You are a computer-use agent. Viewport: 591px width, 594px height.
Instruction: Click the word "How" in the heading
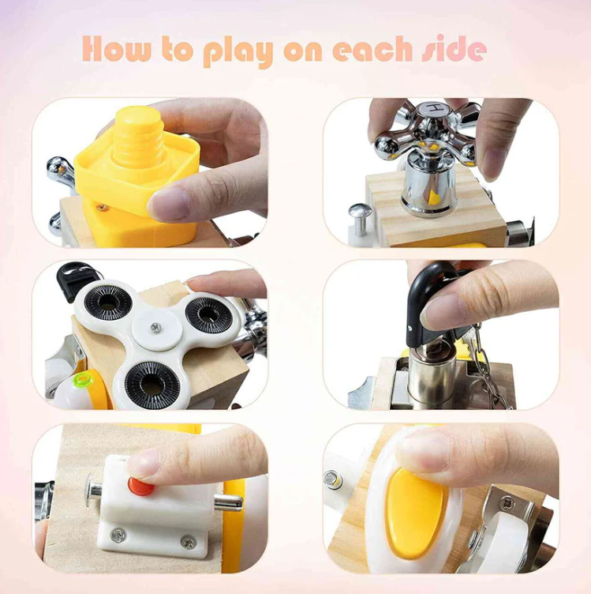coord(111,50)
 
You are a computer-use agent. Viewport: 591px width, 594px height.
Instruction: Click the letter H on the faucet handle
coord(432,108)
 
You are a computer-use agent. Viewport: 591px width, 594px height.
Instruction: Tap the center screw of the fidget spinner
coord(155,326)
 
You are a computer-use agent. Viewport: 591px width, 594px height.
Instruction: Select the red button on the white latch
coord(143,484)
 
